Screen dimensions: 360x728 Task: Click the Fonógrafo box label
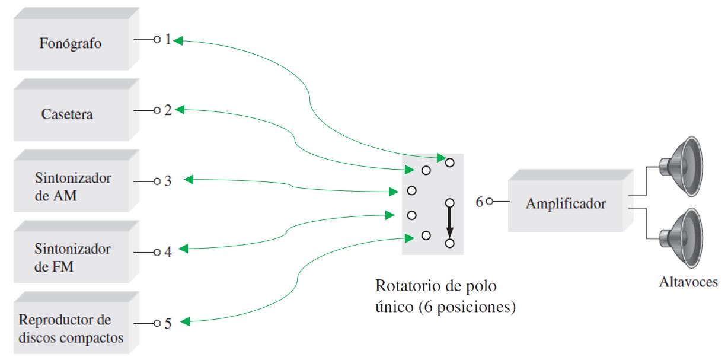[x=71, y=43]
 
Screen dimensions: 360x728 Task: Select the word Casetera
[x=67, y=114]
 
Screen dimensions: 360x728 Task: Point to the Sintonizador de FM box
[x=72, y=257]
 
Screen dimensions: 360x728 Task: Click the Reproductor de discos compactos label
[x=71, y=329]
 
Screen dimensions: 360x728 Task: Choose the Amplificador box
[x=566, y=204]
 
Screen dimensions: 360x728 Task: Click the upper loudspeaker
[x=682, y=166]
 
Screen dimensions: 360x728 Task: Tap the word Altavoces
[x=688, y=282]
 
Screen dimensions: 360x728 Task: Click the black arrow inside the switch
[x=449, y=224]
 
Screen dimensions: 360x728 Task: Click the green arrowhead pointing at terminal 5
[x=185, y=322]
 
